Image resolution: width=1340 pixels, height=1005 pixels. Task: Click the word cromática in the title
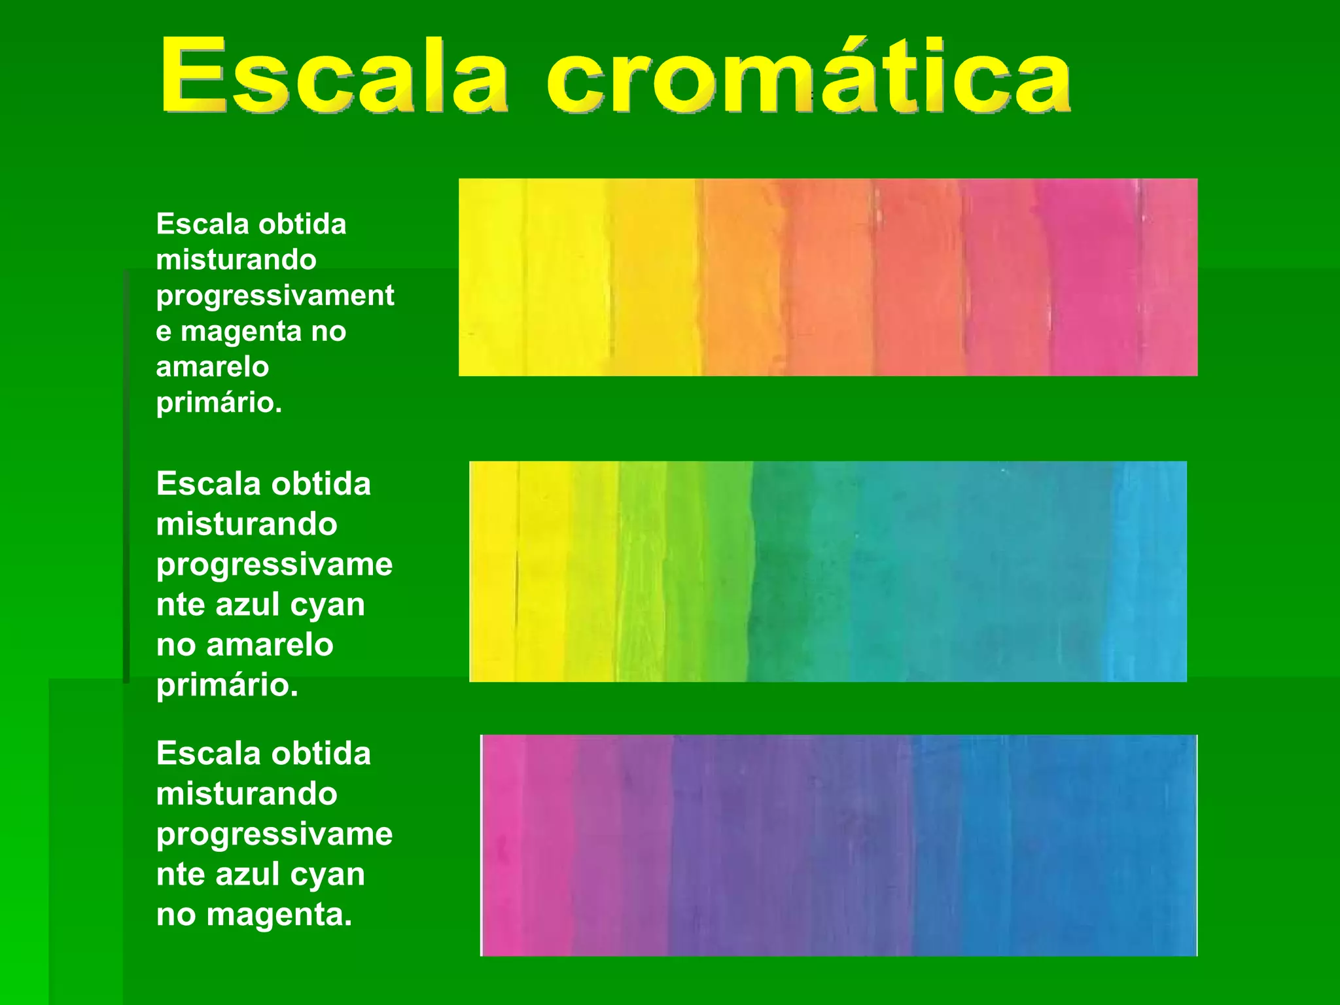pos(808,75)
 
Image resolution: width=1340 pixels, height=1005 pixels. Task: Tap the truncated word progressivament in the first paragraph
pos(275,296)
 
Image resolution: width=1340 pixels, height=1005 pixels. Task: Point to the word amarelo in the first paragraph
pos(213,367)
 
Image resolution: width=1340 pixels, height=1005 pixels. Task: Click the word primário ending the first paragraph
pos(219,402)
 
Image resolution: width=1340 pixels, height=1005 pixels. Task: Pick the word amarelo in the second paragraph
pos(270,645)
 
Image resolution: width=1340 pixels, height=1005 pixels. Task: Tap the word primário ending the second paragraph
pos(227,686)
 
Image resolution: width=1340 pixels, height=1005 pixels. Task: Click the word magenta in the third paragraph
pos(279,915)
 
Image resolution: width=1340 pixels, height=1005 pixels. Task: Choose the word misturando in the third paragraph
pos(247,794)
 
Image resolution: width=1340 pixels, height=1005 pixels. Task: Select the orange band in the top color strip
pos(743,278)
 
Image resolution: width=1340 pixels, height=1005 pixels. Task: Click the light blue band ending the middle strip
pos(1148,571)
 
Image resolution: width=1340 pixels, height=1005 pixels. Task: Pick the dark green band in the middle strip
pos(782,571)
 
